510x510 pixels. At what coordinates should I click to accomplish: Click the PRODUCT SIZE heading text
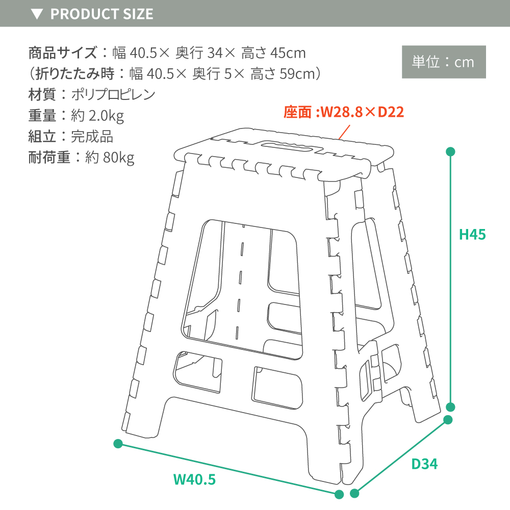pyautogui.click(x=102, y=14)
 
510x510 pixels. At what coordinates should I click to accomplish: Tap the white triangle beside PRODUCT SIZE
pyautogui.click(x=37, y=14)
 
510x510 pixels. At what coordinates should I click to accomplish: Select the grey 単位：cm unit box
pyautogui.click(x=444, y=62)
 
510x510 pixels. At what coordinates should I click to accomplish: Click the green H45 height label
pyautogui.click(x=472, y=235)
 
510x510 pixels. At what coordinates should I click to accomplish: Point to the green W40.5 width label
pyautogui.click(x=194, y=479)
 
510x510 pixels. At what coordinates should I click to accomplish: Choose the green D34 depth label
pyautogui.click(x=424, y=464)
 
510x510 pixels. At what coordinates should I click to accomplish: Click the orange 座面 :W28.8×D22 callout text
pyautogui.click(x=344, y=112)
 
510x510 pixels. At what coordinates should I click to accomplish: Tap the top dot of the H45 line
pyautogui.click(x=450, y=151)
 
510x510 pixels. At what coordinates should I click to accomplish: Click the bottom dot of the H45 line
pyautogui.click(x=450, y=407)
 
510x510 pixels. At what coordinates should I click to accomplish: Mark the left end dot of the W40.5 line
pyautogui.click(x=118, y=444)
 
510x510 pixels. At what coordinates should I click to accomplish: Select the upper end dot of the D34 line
pyautogui.click(x=448, y=420)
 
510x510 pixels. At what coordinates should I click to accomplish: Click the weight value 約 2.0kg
pyautogui.click(x=97, y=116)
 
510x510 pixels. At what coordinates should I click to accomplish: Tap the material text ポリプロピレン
pyautogui.click(x=113, y=95)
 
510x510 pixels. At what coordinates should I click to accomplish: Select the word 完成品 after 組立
pyautogui.click(x=92, y=137)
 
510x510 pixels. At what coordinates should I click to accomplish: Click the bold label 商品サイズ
pyautogui.click(x=63, y=53)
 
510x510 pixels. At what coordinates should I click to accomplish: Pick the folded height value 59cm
pyautogui.click(x=297, y=74)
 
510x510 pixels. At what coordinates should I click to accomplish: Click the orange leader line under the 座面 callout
pyautogui.click(x=344, y=132)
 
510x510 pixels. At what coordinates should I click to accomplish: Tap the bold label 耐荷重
pyautogui.click(x=49, y=158)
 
